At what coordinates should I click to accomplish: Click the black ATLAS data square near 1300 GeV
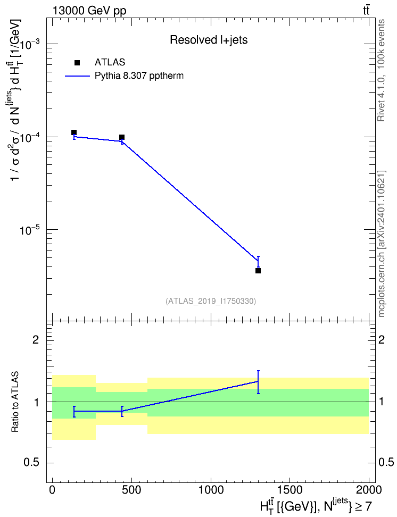[258, 271]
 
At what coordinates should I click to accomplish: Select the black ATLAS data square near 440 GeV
[122, 137]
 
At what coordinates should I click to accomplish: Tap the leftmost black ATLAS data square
[74, 132]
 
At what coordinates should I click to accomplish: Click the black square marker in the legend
[77, 63]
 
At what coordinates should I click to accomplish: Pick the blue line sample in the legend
[78, 76]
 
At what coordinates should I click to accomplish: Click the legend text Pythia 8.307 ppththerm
[139, 76]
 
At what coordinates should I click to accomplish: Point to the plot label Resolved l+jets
[209, 40]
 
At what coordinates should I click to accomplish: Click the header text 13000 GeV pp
[89, 11]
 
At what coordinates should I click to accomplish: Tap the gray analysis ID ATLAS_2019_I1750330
[211, 301]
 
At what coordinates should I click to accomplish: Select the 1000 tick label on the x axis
[211, 490]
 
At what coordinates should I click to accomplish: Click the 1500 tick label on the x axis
[290, 490]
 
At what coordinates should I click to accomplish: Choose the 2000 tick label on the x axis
[369, 490]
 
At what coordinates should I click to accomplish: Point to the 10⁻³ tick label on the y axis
[29, 45]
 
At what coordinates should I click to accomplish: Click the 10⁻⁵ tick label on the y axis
[29, 230]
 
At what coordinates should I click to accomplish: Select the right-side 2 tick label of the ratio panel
[382, 339]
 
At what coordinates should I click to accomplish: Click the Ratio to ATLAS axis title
[15, 402]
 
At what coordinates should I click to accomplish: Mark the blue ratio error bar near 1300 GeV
[258, 382]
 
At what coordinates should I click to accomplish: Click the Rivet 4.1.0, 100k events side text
[381, 70]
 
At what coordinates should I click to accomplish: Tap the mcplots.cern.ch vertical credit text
[382, 244]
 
